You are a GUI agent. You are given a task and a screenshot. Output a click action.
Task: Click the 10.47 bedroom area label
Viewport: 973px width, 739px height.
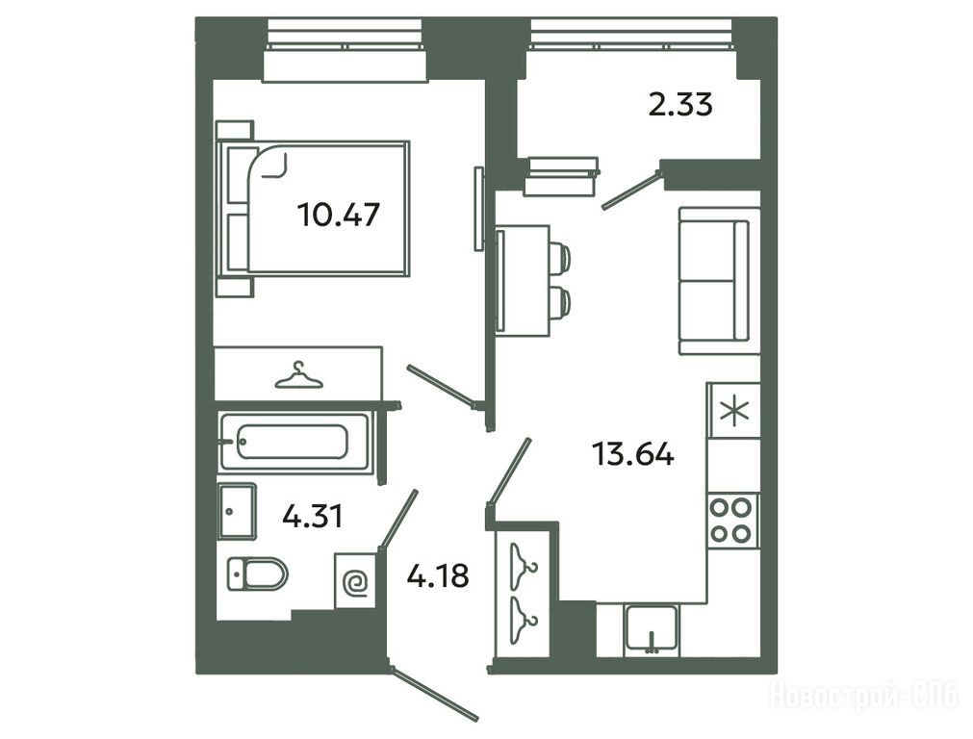pos(338,216)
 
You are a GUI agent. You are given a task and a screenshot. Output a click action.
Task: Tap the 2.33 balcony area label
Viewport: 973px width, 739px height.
pos(680,104)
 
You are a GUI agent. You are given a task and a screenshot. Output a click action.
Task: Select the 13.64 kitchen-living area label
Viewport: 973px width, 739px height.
pos(633,453)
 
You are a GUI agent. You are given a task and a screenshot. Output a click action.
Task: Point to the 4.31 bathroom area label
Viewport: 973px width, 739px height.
pos(312,516)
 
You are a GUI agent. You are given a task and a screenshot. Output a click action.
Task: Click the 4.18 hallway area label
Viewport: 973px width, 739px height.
pos(438,575)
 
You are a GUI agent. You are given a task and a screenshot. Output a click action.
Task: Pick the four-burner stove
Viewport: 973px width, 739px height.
pos(732,520)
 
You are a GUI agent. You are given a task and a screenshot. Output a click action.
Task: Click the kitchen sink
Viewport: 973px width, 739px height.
pos(652,628)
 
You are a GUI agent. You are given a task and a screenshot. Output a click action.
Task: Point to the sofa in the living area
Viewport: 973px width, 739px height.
pos(719,281)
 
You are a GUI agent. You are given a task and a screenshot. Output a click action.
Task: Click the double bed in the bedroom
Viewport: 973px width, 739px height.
pos(313,209)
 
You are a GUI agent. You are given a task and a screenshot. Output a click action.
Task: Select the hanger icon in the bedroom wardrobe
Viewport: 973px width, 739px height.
pos(298,375)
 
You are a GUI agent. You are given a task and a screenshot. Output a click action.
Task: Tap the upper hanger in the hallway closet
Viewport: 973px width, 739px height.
pos(524,565)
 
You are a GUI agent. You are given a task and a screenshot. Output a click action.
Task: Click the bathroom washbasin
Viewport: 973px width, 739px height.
pos(237,511)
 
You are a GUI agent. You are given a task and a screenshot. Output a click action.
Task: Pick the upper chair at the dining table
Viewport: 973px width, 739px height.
pos(559,257)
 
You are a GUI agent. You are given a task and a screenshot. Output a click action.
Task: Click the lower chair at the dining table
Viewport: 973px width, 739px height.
pos(559,301)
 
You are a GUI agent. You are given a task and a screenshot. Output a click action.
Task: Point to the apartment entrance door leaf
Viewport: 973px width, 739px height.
pos(434,695)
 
